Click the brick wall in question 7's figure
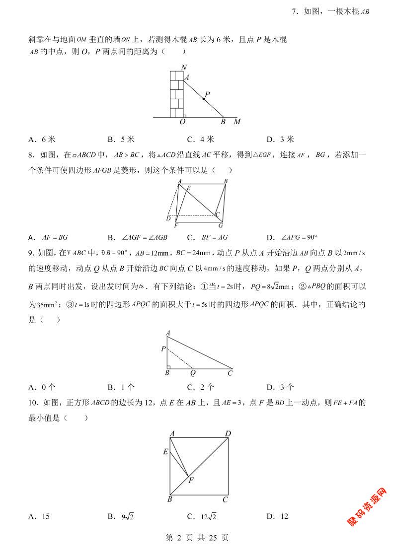(177, 93)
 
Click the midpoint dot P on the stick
(204, 99)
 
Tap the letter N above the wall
(184, 68)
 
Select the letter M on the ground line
(237, 122)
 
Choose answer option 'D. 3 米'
(280, 139)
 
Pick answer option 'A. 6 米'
(40, 139)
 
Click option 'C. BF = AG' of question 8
(207, 237)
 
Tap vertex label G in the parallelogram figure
(220, 226)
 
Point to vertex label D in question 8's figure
(168, 219)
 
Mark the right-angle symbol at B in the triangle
(169, 367)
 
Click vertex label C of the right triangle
(230, 372)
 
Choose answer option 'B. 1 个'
(121, 387)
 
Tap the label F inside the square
(191, 480)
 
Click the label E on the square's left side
(165, 452)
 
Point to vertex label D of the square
(228, 434)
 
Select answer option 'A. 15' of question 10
(39, 516)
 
